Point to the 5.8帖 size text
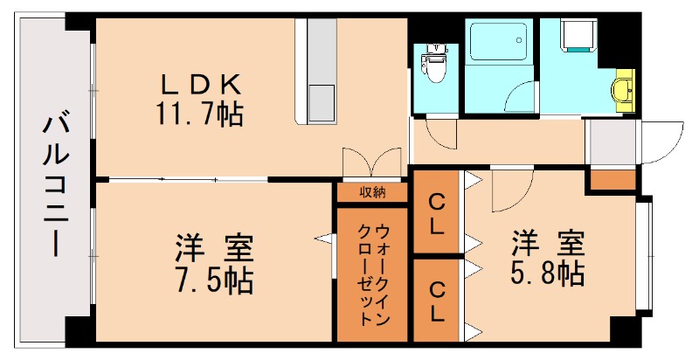point(546,272)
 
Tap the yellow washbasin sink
point(625,88)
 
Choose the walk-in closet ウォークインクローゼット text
point(373,273)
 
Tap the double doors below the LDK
point(373,162)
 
